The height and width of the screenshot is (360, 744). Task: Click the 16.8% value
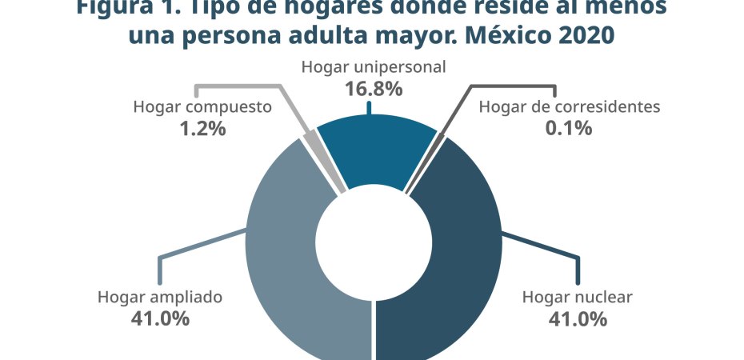[x=373, y=89]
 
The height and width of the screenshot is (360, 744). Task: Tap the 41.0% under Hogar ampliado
[x=159, y=318]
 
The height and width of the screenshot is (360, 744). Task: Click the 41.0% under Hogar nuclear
[x=577, y=318]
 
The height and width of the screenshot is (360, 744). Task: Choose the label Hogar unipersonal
[x=373, y=67]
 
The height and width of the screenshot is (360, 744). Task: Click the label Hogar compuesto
[x=203, y=106]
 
